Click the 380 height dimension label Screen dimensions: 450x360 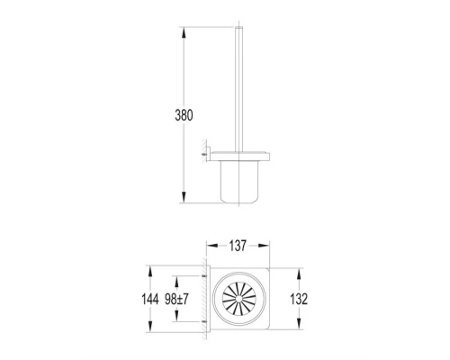(184, 115)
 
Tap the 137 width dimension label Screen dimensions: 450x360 (238, 246)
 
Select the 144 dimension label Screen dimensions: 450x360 (150, 299)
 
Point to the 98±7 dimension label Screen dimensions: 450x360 (176, 299)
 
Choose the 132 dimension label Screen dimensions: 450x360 (299, 299)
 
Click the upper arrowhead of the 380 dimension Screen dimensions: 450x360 (184, 32)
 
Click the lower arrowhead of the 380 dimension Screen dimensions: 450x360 (184, 197)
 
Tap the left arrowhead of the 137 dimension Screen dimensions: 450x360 (212, 246)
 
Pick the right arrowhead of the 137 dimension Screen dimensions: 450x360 (264, 246)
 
